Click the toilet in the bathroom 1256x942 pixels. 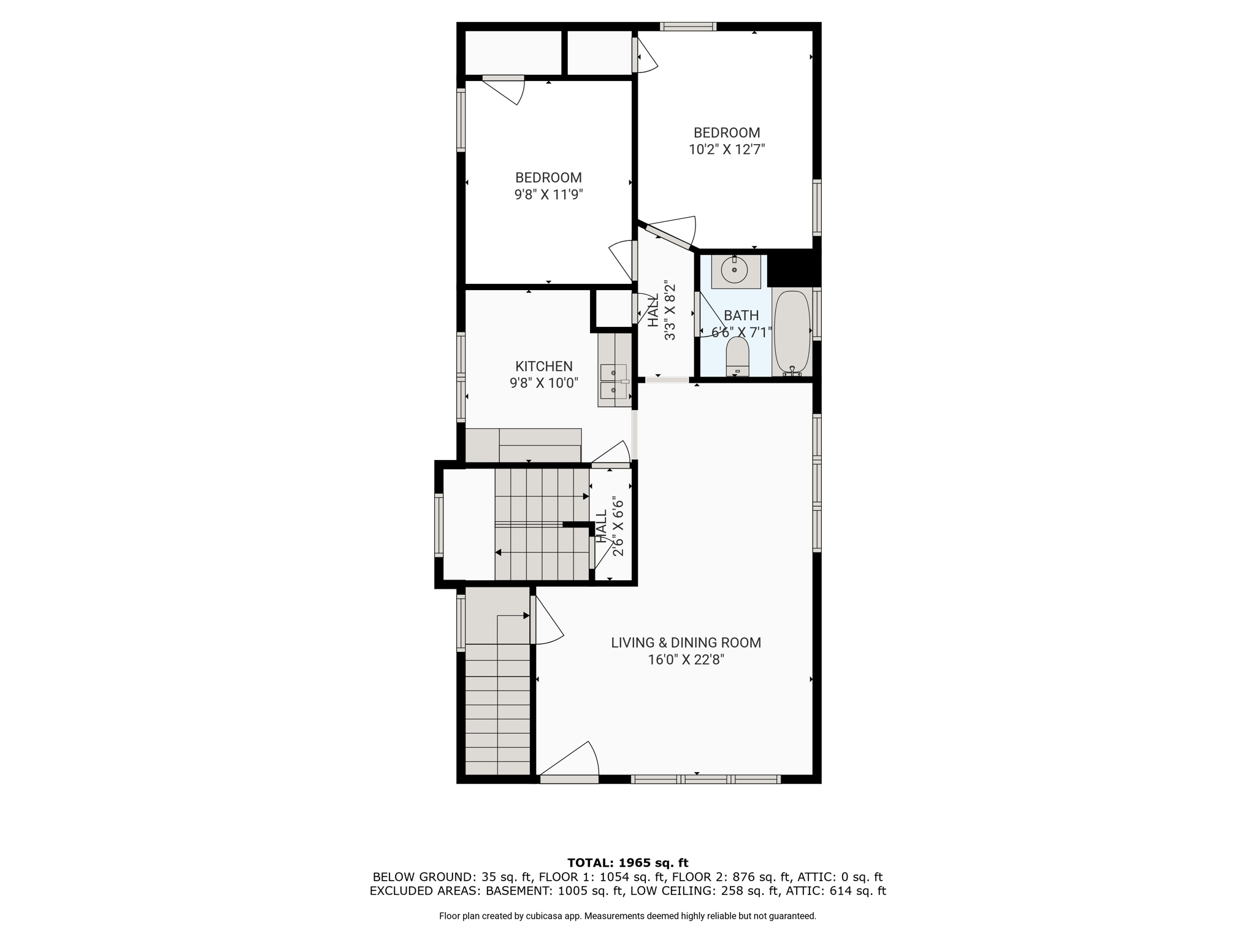[x=737, y=356]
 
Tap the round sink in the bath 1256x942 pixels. [x=734, y=269]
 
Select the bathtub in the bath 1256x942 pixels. [x=792, y=332]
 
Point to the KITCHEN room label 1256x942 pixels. [x=544, y=366]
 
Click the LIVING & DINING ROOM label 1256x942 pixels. [x=686, y=643]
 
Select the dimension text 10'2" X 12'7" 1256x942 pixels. [x=727, y=149]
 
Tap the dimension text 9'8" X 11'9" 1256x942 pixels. [x=548, y=194]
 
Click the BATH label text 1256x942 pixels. [x=741, y=315]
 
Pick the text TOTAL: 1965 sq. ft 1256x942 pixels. [x=628, y=863]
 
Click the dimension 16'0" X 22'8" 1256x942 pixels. [x=686, y=660]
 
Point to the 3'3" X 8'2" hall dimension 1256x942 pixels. [x=670, y=311]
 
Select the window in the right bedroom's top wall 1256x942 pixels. [x=688, y=26]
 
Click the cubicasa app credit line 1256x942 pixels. [x=627, y=916]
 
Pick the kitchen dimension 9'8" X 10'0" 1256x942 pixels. [x=544, y=383]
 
